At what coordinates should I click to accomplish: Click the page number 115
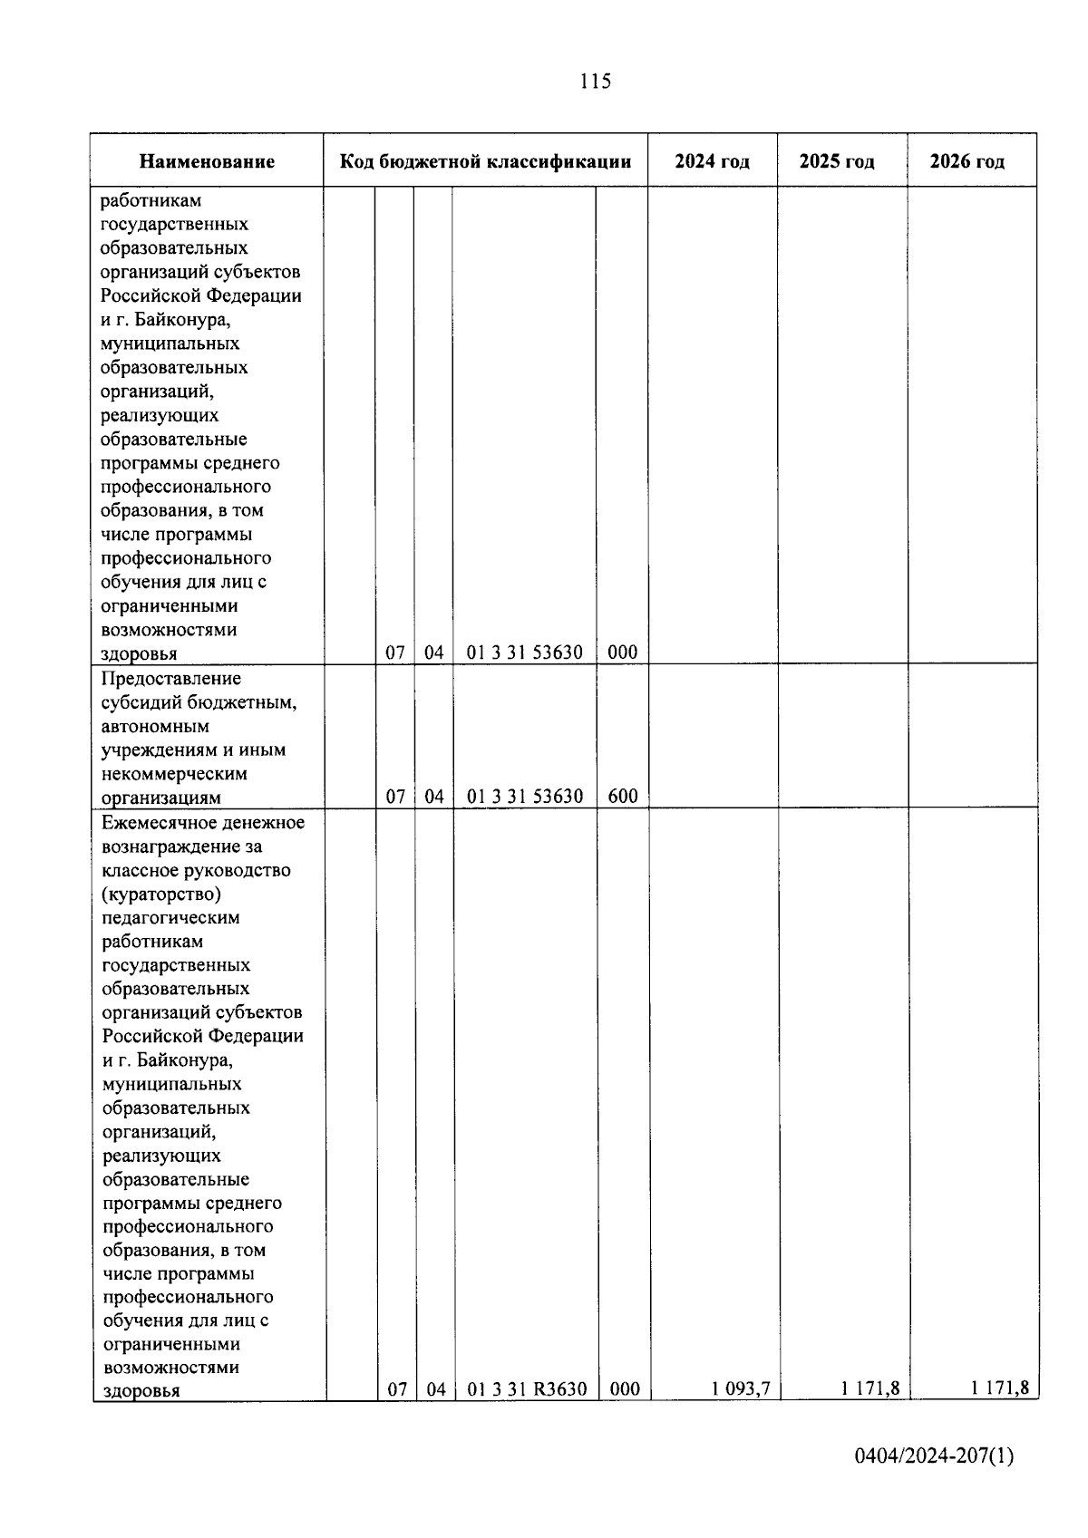(x=595, y=82)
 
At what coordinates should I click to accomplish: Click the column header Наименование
(x=207, y=162)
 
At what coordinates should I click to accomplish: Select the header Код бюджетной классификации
(x=485, y=162)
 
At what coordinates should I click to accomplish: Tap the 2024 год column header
(x=712, y=162)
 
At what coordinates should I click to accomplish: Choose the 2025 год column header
(x=837, y=162)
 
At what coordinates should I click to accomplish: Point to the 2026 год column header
(x=967, y=162)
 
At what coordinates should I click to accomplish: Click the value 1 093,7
(x=741, y=1388)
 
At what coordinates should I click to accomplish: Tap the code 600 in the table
(x=623, y=797)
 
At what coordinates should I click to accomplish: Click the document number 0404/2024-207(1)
(x=934, y=1456)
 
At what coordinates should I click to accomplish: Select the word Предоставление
(x=171, y=679)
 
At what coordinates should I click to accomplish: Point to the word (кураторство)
(x=161, y=895)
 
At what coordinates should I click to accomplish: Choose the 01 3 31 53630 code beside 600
(x=525, y=797)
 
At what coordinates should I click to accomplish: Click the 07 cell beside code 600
(x=395, y=797)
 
